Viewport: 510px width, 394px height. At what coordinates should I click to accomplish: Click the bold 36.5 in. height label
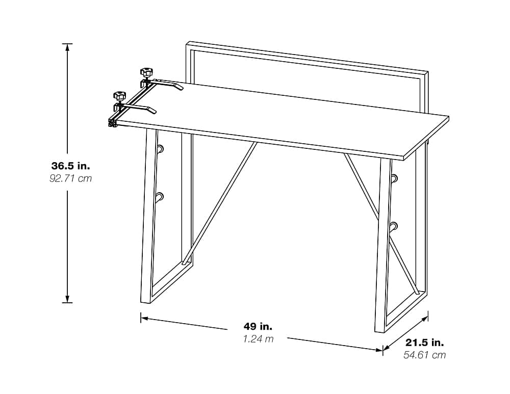point(70,166)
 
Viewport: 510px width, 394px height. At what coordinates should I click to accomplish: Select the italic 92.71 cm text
point(70,178)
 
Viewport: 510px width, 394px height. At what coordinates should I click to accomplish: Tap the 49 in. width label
point(258,326)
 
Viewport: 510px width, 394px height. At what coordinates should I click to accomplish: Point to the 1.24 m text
point(258,339)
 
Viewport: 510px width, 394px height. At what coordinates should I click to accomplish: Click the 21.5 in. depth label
point(424,343)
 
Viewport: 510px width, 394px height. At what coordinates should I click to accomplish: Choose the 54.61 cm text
point(424,355)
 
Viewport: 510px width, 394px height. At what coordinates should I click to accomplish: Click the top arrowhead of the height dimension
point(67,47)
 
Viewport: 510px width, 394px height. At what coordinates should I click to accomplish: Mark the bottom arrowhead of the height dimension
point(67,299)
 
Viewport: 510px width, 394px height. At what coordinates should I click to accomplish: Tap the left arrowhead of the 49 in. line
point(144,318)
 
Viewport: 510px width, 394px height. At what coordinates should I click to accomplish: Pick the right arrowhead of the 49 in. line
point(379,350)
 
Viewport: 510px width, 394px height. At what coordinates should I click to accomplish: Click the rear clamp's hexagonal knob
point(146,71)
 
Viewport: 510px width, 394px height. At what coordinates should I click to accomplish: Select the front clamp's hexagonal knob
point(119,95)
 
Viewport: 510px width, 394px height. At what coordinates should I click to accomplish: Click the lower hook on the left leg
point(159,197)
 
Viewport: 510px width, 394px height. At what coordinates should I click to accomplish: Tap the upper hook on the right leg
point(394,178)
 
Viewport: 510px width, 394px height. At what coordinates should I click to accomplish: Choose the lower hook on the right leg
point(394,226)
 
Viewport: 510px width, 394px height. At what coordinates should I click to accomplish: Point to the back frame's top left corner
point(187,43)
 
